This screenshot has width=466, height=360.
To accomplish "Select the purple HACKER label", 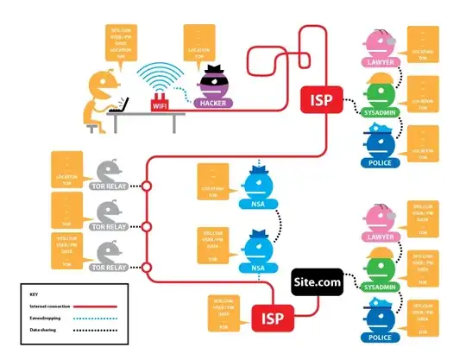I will tap(212, 103).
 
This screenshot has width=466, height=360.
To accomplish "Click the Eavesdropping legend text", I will tap(44, 318).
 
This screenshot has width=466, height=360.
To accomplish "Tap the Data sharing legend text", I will tap(42, 330).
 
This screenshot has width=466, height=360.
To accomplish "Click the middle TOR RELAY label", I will tap(111, 227).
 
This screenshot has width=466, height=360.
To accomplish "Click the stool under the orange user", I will tap(97, 126).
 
